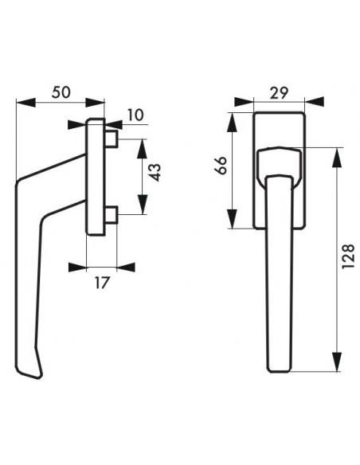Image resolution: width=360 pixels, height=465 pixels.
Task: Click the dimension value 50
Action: [61, 92]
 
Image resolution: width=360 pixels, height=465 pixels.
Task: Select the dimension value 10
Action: [135, 115]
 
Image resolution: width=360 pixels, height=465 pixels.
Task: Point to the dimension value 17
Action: [102, 283]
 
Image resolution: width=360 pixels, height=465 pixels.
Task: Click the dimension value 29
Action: [279, 93]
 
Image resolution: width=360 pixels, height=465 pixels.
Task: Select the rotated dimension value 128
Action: [348, 256]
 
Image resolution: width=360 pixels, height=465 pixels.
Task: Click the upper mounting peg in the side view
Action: [112, 139]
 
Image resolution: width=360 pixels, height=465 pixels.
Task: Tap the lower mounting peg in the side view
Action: [112, 215]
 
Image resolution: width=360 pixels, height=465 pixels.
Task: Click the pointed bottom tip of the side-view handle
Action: [38, 377]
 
